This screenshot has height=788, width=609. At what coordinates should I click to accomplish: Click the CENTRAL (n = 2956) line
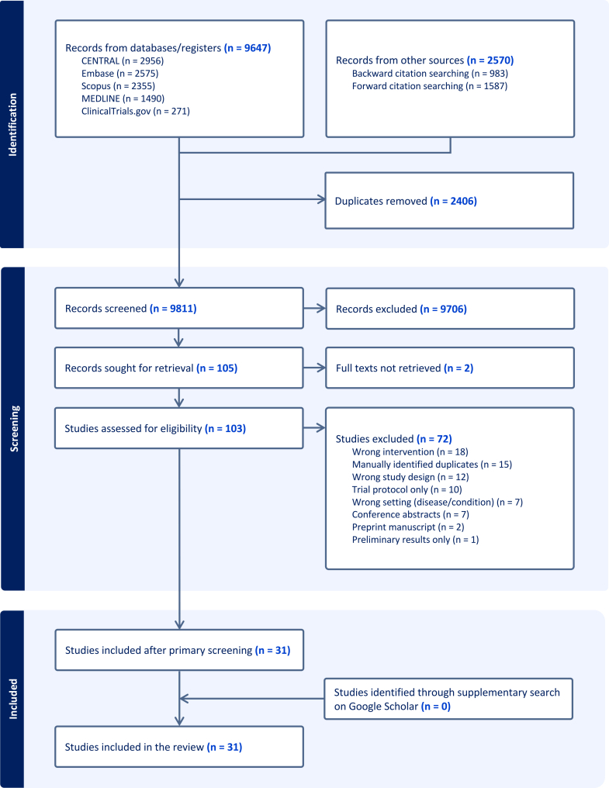pos(123,60)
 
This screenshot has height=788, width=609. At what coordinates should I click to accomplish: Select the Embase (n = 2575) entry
pos(119,74)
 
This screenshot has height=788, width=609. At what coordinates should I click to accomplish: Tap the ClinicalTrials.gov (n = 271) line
pos(136,111)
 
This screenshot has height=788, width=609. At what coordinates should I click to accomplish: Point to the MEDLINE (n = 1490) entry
pos(123,98)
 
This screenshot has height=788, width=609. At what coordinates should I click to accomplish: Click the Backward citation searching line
pos(430,74)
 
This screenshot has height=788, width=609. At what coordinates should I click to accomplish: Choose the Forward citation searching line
pos(430,86)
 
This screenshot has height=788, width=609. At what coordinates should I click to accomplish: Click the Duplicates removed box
pos(449,201)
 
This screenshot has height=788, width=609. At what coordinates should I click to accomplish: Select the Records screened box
pos(179,308)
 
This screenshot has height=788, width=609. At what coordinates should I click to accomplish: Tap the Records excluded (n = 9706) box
pos(450,309)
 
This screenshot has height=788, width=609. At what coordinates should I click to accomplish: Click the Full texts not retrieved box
pos(450,368)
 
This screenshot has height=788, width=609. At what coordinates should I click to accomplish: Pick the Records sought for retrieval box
pos(179,368)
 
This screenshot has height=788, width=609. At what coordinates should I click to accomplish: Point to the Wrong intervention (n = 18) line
pos(410,452)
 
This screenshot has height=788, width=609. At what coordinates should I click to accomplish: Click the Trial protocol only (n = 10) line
pos(407,489)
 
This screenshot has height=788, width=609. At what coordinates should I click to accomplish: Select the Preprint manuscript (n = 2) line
pos(408,527)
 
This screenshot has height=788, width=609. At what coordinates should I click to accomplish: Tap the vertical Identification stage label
pos(12,125)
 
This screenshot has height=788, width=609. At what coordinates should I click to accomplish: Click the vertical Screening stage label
pos(14,429)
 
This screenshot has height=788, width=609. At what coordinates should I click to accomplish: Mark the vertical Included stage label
pos(13,699)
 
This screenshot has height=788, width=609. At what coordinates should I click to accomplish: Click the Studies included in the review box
pos(179,747)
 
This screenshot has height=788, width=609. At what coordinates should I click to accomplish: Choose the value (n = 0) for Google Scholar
pos(435,706)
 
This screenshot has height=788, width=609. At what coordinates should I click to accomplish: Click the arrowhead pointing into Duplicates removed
pos(321,199)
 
